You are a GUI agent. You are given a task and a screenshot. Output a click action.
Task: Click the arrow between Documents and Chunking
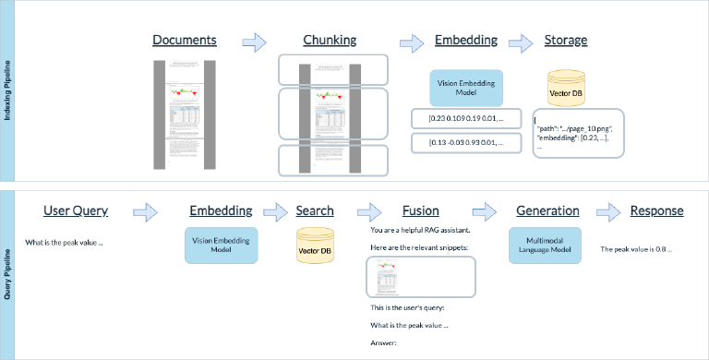253,42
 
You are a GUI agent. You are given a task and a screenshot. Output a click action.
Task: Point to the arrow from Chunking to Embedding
412,42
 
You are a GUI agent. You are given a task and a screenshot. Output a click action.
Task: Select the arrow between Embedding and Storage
521,42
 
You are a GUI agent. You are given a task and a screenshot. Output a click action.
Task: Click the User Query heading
76,211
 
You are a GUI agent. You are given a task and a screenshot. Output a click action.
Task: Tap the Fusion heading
420,211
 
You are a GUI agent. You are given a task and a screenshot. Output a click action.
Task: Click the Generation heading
546,211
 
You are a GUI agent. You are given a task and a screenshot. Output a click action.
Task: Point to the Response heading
656,211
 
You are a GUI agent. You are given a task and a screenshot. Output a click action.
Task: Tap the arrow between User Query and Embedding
145,212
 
